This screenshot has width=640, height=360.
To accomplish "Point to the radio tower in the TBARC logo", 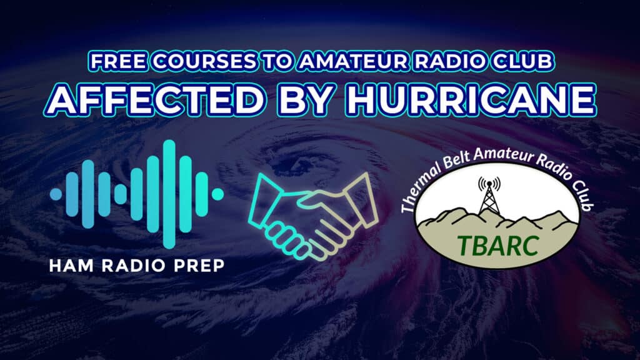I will pyautogui.click(x=489, y=198).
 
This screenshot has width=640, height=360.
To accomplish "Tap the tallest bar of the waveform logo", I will pyautogui.click(x=167, y=194).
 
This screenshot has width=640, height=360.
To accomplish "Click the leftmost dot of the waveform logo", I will pyautogui.click(x=56, y=194).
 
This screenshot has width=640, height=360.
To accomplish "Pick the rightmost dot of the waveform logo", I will pyautogui.click(x=217, y=194).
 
